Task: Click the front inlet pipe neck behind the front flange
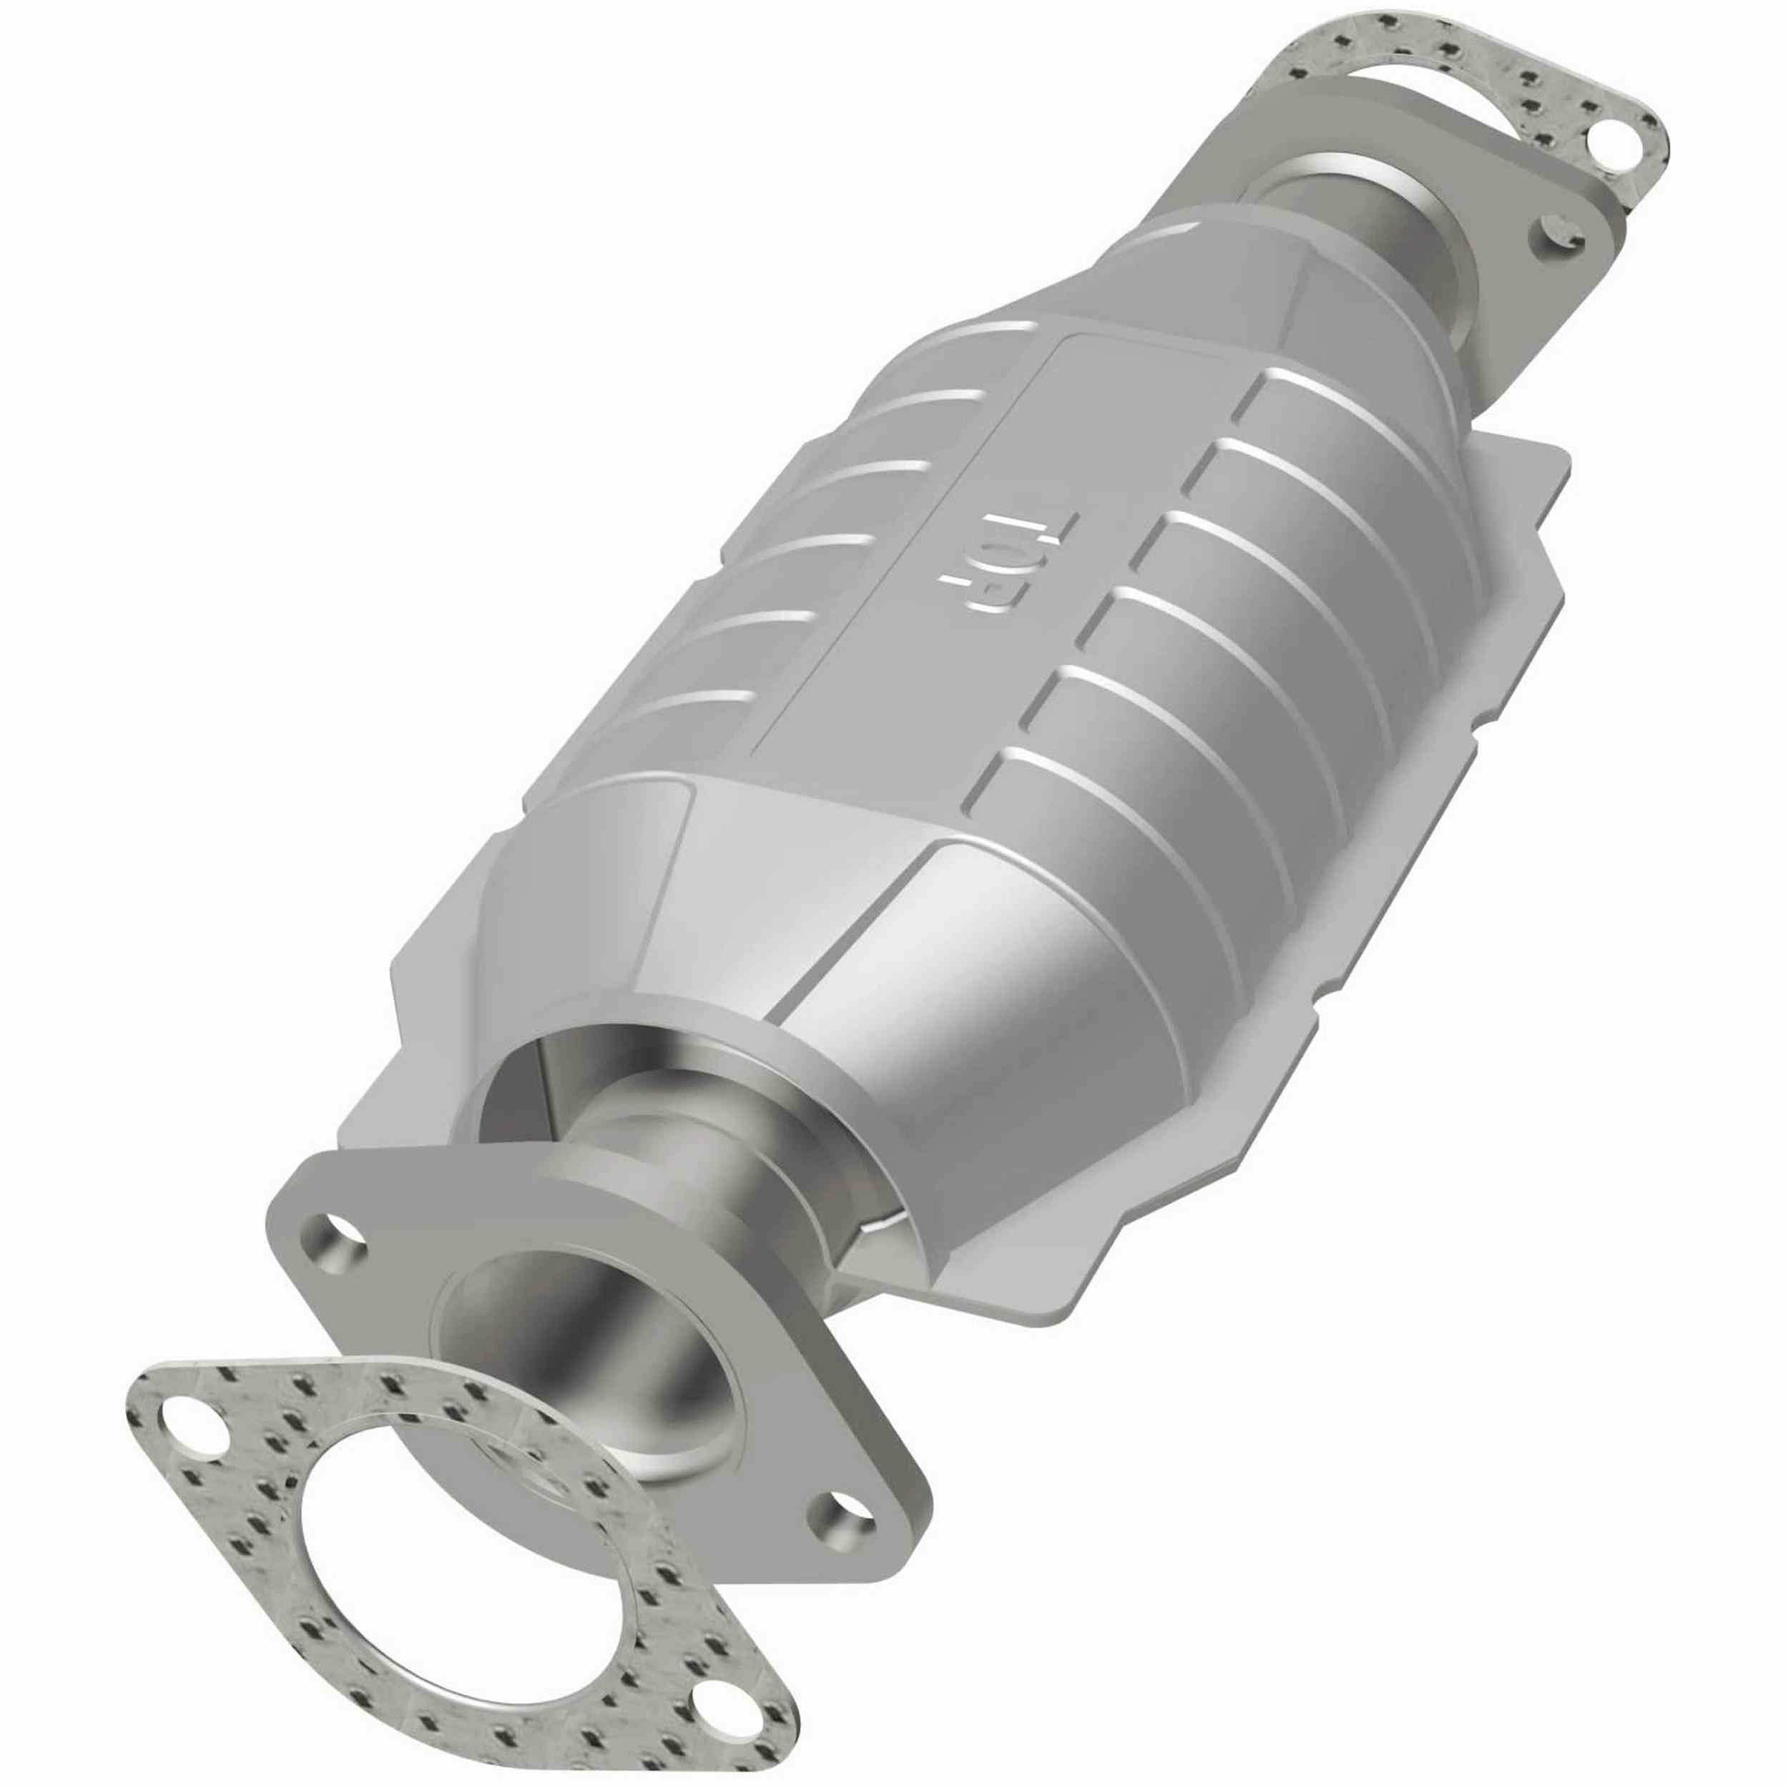pyautogui.click(x=703, y=1139)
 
